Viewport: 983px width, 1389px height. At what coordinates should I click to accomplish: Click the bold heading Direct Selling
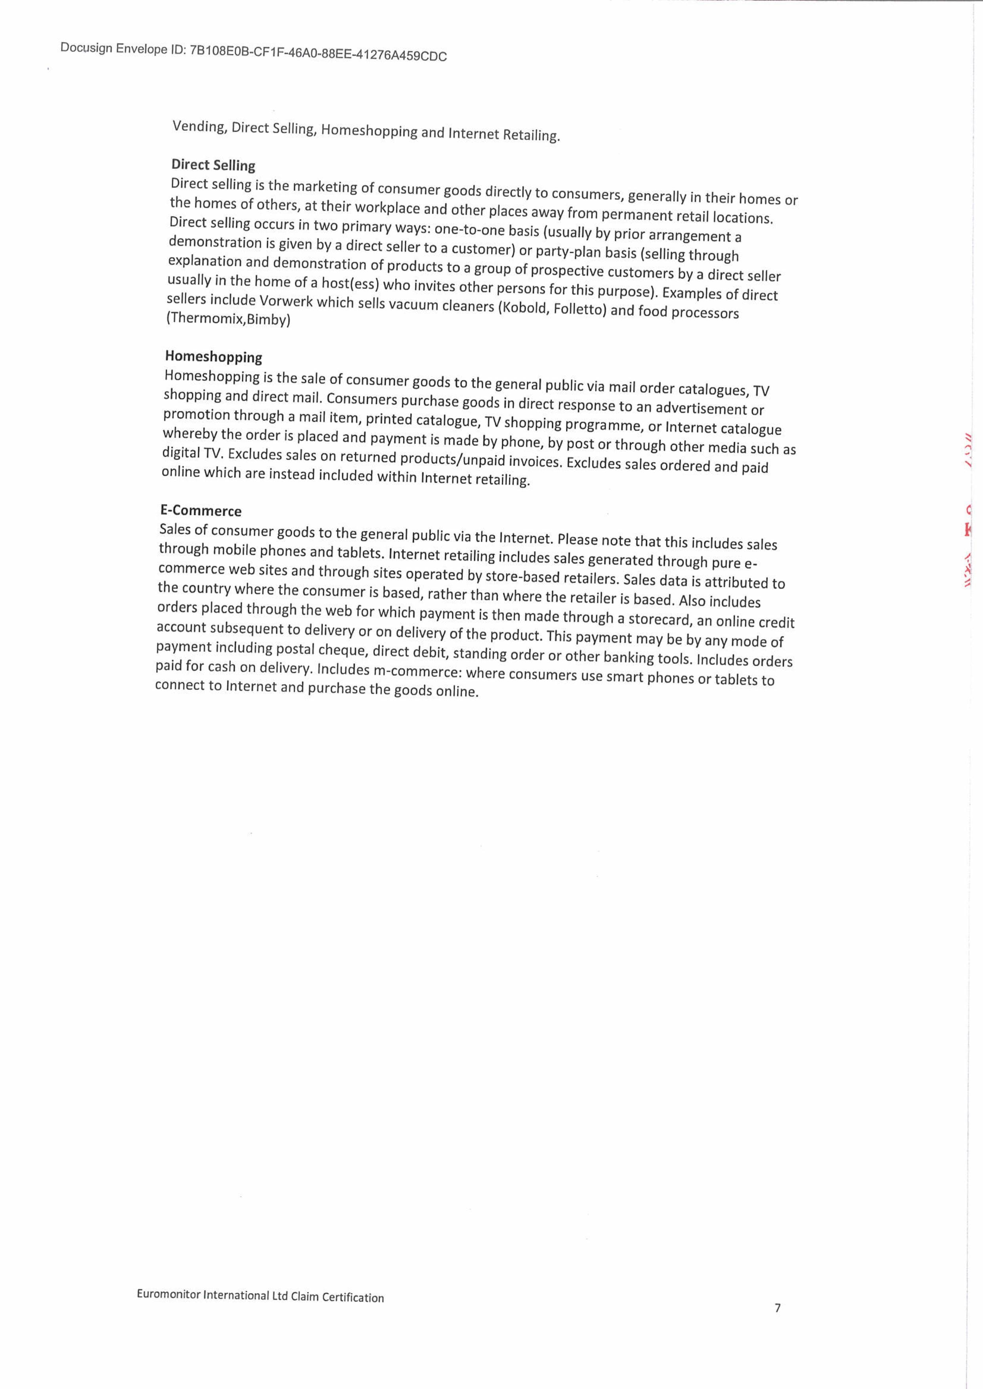point(213,164)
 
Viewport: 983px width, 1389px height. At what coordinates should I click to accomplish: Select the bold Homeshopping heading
point(214,357)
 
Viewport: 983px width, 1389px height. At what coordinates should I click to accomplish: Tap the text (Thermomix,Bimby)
point(228,318)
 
